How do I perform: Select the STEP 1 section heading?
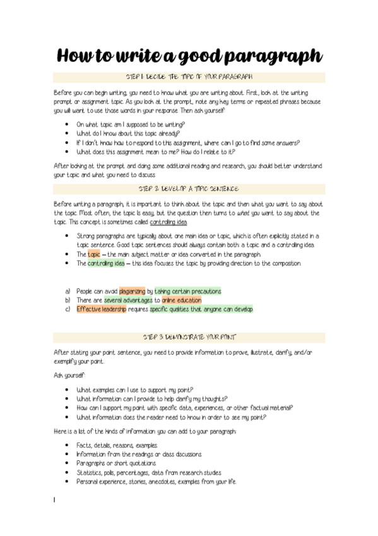click(189, 78)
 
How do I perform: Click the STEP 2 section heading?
click(189, 189)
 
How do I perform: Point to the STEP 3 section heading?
click(189, 337)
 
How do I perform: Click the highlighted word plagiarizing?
click(132, 291)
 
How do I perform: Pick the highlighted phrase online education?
click(182, 300)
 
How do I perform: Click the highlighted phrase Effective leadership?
click(101, 310)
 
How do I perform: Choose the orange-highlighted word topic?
click(93, 254)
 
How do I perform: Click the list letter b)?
click(68, 300)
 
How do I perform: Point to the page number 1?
click(55, 500)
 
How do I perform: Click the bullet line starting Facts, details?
click(112, 445)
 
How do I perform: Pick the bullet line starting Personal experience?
click(156, 482)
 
